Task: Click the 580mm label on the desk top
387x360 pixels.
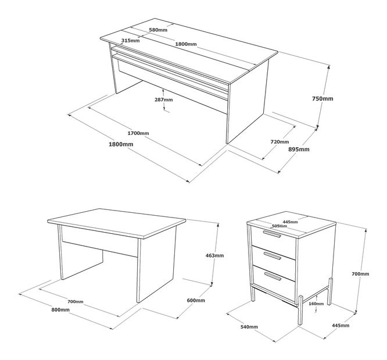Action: pos(158,30)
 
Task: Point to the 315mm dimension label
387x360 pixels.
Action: pos(130,40)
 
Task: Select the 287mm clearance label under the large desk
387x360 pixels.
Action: pos(164,100)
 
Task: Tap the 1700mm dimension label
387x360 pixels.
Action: pos(138,133)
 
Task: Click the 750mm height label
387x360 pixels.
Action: pos(322,99)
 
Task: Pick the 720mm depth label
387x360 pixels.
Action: pos(279,142)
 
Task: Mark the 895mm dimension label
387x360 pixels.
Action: pos(299,149)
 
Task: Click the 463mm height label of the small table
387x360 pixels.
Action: pos(215,255)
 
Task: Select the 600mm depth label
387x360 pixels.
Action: pos(196,301)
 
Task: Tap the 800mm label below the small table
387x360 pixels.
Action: pos(60,309)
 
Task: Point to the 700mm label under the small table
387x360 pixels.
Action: pos(76,302)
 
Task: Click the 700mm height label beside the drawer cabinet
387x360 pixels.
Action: pos(360,274)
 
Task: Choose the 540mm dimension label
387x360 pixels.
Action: pos(249,327)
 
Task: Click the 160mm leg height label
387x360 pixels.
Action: pos(316,304)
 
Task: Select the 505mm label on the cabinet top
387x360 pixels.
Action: pos(279,226)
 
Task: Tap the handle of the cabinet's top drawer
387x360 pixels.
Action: pos(272,234)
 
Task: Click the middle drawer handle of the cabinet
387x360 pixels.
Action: pos(272,255)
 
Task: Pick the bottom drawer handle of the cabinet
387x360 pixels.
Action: pos(273,276)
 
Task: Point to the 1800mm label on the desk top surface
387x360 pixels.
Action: pos(186,44)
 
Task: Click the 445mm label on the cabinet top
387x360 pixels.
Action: pos(291,222)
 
